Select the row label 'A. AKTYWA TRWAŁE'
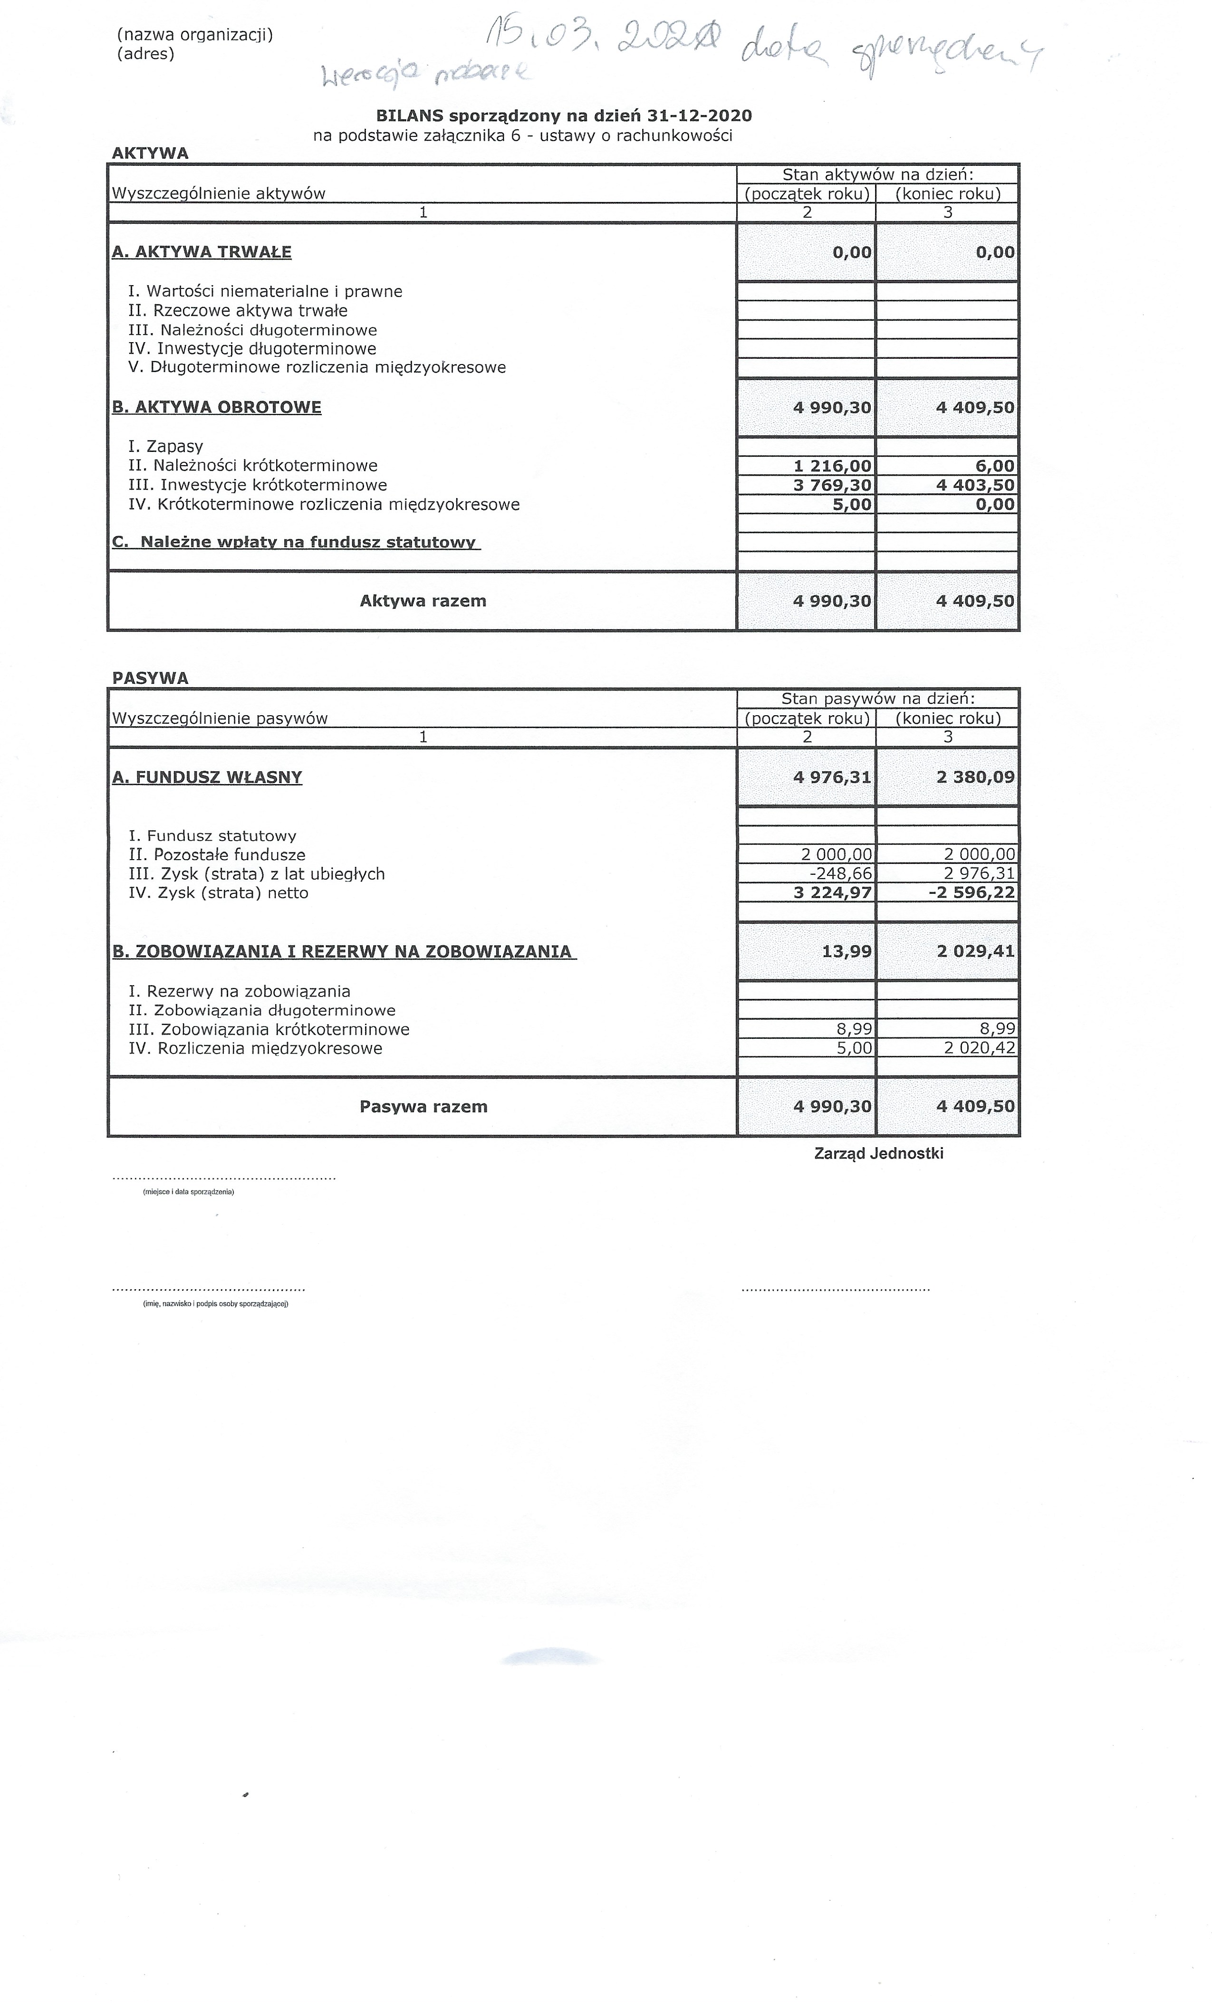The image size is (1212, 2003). click(x=202, y=252)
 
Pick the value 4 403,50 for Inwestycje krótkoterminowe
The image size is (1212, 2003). click(x=975, y=485)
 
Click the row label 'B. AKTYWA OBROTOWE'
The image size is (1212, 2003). click(x=216, y=407)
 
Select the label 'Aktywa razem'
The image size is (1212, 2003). click(x=423, y=601)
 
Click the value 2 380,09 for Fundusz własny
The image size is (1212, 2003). click(x=975, y=777)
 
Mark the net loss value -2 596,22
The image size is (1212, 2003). click(x=972, y=892)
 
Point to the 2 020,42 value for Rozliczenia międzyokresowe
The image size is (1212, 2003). click(x=979, y=1048)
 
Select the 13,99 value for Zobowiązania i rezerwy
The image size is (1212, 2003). click(x=846, y=951)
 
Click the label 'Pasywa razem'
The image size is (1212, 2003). click(x=423, y=1106)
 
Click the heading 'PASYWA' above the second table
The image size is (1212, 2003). click(x=150, y=678)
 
